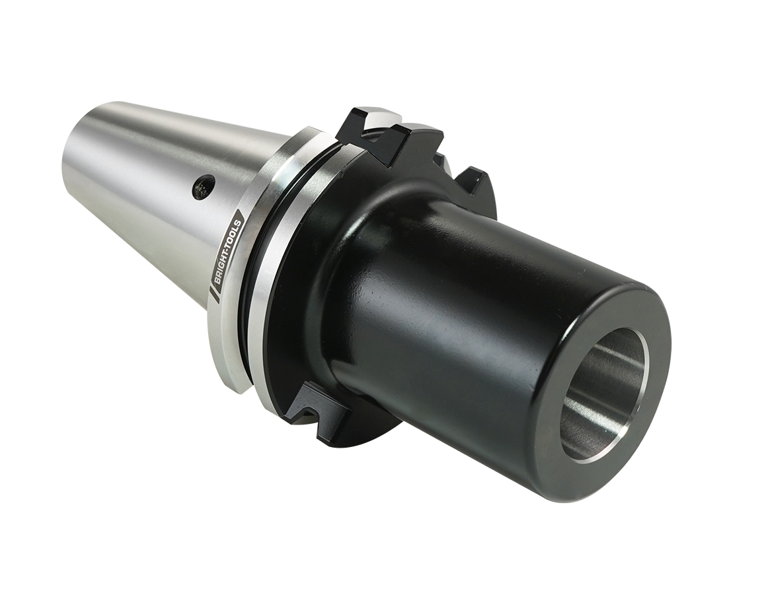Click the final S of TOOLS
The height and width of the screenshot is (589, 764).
coord(241,214)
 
